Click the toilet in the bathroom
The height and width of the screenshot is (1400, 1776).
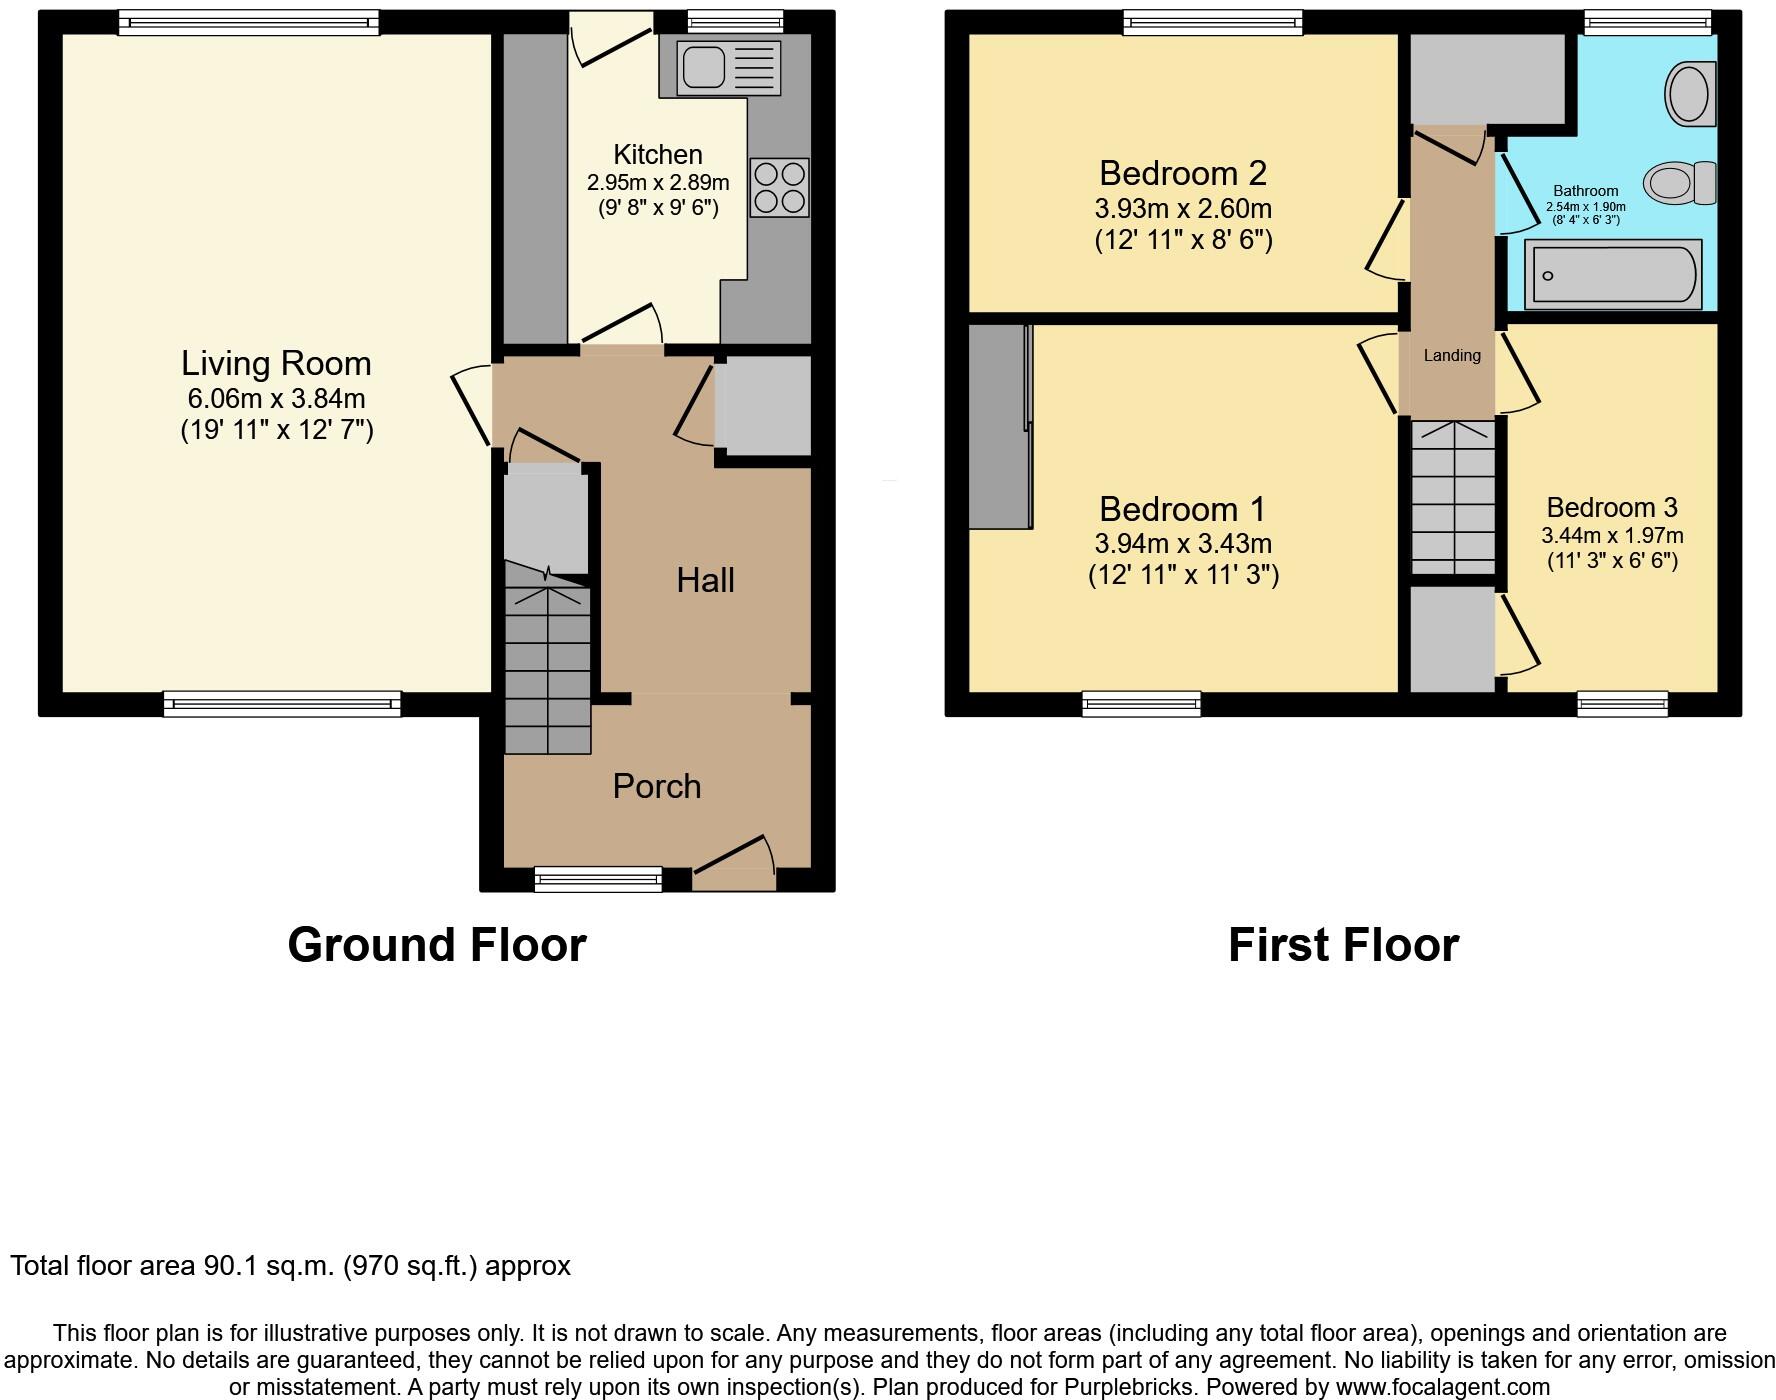pos(1680,183)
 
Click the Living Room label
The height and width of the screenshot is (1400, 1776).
pos(276,363)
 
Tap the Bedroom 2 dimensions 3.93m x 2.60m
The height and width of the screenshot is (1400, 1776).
pos(1183,209)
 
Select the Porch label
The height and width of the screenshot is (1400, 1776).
pos(656,786)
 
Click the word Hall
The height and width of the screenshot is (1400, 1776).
pos(705,580)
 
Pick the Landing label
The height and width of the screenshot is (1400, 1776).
pos(1452,355)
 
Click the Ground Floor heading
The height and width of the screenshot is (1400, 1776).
pos(436,945)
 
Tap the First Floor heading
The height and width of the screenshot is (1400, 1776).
pos(1343,945)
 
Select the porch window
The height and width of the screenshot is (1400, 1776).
pos(598,879)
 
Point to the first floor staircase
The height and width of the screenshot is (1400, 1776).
pos(1453,497)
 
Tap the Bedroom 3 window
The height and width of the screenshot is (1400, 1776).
pos(1622,704)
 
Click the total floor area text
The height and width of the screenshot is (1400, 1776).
pos(290,1266)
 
